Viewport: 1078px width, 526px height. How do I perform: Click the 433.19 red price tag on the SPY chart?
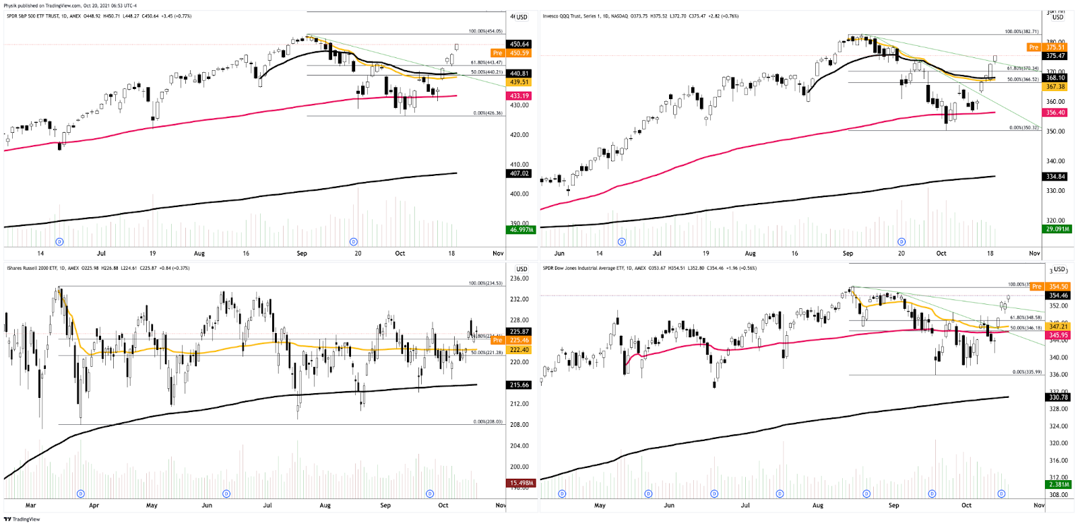[519, 96]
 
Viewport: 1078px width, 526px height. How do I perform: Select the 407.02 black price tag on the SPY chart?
[519, 173]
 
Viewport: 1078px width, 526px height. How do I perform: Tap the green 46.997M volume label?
[521, 230]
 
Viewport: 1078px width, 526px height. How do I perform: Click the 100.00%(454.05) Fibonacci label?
[485, 31]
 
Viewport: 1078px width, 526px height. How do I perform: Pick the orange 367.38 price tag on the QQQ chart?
[1055, 86]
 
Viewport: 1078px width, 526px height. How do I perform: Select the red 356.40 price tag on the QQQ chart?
[1055, 113]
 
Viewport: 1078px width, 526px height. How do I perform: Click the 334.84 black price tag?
[1055, 177]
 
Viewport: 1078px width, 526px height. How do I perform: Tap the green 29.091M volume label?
[1057, 229]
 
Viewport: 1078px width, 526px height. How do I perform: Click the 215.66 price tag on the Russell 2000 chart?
[519, 385]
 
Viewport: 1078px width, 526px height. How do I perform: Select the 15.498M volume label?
[521, 483]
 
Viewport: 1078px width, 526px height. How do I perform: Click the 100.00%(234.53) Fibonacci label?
[485, 283]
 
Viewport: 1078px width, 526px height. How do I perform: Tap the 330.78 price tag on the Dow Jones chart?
[1058, 397]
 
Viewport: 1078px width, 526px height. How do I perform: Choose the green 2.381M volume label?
[1058, 484]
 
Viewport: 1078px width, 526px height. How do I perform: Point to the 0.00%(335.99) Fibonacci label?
[1027, 372]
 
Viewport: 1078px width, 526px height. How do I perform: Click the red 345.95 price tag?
[1058, 335]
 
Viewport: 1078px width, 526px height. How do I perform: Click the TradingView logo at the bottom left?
[22, 519]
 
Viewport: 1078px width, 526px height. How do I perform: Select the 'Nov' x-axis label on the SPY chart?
[498, 254]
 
